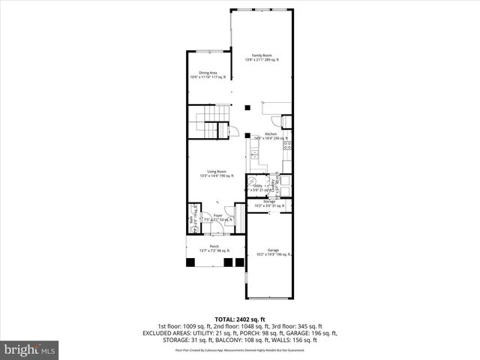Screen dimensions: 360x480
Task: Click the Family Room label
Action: [260, 55]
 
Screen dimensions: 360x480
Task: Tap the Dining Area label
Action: [208, 73]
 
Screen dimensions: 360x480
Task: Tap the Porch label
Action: [214, 246]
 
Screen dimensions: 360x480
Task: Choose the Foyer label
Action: [217, 215]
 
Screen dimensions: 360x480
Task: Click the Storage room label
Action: [269, 201]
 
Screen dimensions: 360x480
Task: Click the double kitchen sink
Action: [254, 154]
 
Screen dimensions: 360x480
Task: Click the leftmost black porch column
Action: [191, 262]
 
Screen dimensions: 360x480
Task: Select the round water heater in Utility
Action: [253, 181]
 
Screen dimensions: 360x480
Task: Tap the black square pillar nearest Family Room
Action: [247, 106]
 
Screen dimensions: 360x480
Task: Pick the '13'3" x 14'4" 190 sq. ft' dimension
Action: [217, 176]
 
